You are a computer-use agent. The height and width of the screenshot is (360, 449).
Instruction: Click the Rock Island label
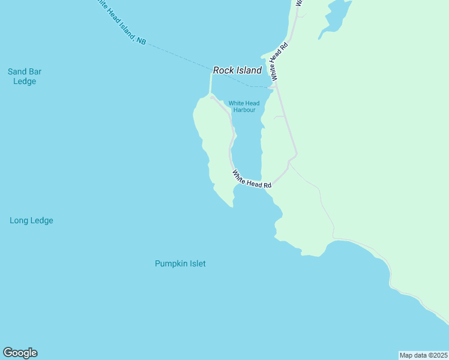coord(237,70)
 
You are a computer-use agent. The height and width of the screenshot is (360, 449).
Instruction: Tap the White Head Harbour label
coord(244,107)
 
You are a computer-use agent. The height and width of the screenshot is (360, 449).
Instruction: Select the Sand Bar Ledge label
coord(25,76)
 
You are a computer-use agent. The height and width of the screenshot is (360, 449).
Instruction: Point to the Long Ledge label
coord(31,220)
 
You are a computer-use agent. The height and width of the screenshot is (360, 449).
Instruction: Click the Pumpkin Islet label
coord(180,263)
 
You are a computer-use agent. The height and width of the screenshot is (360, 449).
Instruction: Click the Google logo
coord(20,353)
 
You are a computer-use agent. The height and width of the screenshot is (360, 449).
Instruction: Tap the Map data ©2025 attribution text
coord(423,355)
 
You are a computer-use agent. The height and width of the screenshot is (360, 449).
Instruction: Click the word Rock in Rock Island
coord(223,70)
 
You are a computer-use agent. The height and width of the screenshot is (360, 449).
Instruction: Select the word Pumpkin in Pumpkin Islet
coord(171,263)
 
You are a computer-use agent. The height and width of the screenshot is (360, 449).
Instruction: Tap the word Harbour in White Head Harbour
coord(244,110)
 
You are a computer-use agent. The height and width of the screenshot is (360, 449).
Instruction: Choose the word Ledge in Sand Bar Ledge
coord(25,82)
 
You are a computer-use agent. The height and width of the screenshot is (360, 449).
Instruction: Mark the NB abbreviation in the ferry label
coord(140,40)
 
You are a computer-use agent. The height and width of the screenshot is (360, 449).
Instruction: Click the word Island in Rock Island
coord(249,70)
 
